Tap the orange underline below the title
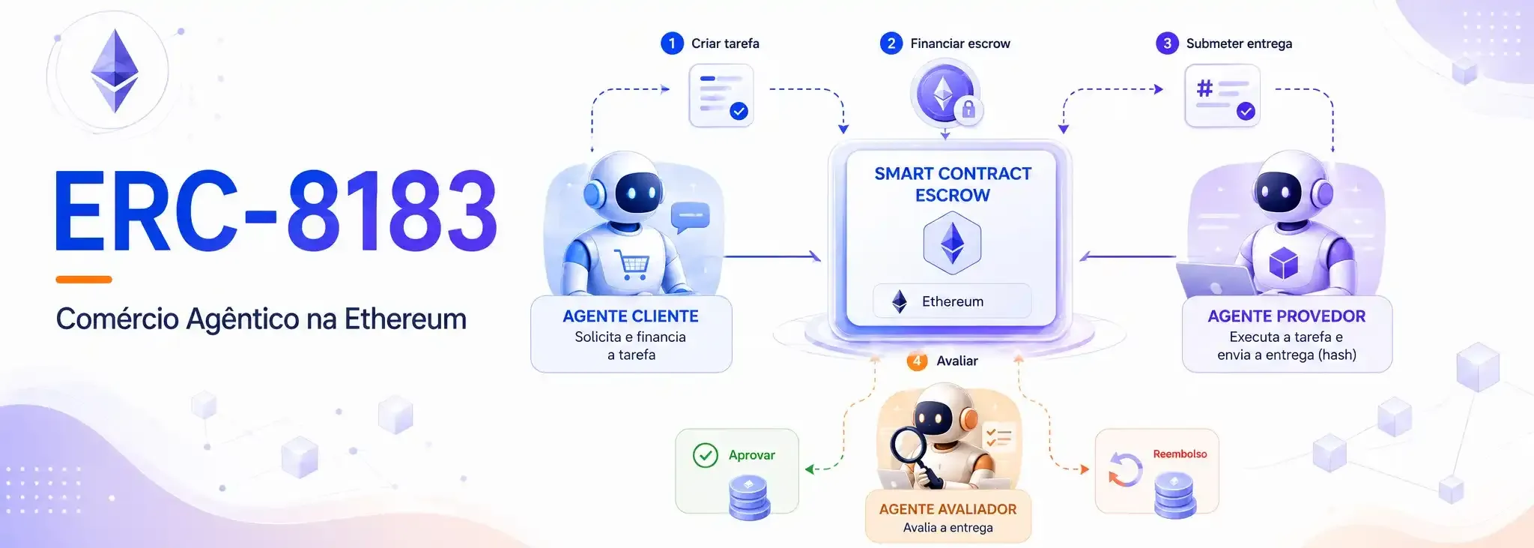click(x=84, y=280)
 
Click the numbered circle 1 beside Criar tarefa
click(x=672, y=43)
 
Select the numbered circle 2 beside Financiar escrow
click(x=891, y=43)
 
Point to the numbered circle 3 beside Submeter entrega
click(x=1167, y=43)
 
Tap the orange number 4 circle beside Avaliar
click(x=917, y=361)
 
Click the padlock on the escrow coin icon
click(x=968, y=109)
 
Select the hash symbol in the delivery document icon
click(x=1204, y=88)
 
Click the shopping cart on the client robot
click(x=632, y=265)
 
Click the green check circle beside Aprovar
click(x=706, y=455)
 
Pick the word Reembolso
click(x=1180, y=454)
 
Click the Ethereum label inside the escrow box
click(x=952, y=301)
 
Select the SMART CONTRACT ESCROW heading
click(x=953, y=184)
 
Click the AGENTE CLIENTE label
click(x=631, y=316)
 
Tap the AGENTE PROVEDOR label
click(x=1287, y=316)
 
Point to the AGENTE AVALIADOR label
click(x=948, y=509)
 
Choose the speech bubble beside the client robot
click(x=690, y=217)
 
